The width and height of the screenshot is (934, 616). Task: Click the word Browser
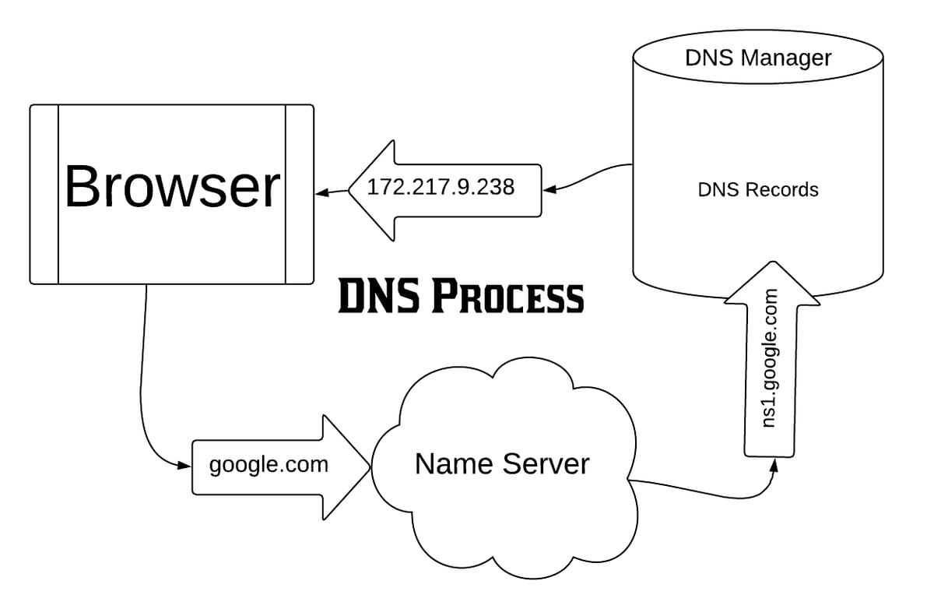tap(171, 188)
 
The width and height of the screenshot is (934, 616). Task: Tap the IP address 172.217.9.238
tap(441, 188)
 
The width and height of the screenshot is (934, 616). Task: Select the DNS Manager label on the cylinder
tap(757, 58)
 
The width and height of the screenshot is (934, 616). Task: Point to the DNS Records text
tap(757, 189)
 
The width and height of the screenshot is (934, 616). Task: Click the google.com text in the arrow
tap(269, 465)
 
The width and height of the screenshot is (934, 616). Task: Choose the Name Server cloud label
tap(502, 464)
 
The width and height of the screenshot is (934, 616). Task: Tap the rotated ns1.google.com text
tap(771, 358)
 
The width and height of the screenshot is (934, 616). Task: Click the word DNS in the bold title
tap(376, 297)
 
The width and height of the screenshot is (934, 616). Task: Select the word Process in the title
tap(506, 297)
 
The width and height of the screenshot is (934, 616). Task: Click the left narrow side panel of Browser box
tap(44, 194)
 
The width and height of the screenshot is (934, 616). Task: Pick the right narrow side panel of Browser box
tap(299, 194)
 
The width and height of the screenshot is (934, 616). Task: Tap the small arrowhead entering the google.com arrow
tap(184, 466)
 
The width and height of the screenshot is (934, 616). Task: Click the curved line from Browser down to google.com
tap(143, 374)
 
